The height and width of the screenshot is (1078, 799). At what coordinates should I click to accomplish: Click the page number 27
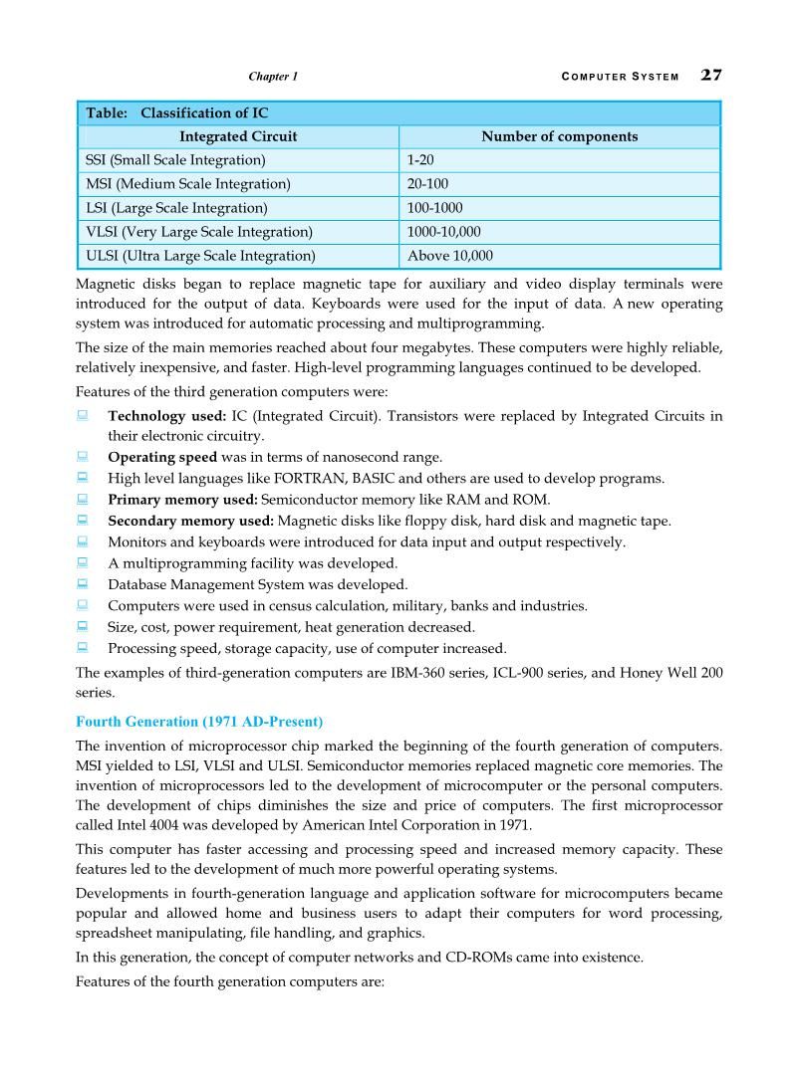coord(711,75)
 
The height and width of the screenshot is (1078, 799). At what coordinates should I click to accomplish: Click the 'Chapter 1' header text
coord(272,77)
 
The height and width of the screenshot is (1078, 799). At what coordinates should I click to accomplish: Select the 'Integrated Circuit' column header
coord(238,136)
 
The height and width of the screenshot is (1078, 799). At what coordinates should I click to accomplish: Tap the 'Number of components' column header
coord(559,136)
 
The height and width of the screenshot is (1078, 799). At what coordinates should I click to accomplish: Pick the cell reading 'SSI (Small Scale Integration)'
coord(176,160)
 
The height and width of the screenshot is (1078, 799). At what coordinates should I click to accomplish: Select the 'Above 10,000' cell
coord(449,256)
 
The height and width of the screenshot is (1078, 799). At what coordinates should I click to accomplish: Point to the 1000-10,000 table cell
coord(443,232)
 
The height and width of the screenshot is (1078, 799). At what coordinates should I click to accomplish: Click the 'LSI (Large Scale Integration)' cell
coord(176,208)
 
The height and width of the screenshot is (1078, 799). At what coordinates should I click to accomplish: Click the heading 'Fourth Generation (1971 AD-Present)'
coord(199,721)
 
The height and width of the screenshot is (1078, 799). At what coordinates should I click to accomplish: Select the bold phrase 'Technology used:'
coord(166,416)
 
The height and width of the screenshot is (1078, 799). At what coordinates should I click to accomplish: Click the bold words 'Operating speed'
coord(161,457)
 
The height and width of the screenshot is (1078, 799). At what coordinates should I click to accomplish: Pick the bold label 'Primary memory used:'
coord(182,500)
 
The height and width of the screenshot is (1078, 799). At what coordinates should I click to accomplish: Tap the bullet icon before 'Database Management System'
coord(83,583)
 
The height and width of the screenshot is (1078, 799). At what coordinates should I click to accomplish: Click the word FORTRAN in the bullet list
coord(323,479)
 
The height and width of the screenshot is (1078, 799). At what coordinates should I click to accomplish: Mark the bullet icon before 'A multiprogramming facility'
coord(83,562)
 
